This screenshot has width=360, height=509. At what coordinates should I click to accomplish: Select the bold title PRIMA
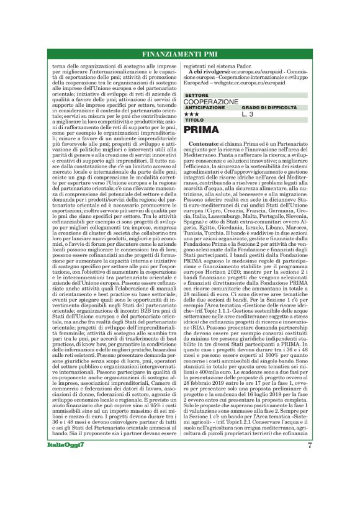pos(202,130)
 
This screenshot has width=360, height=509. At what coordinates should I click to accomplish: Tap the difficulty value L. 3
pos(248,114)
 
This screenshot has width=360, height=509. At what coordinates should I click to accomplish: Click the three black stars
pos(192,114)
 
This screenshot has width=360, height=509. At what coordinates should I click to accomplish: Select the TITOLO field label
pos(194,120)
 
